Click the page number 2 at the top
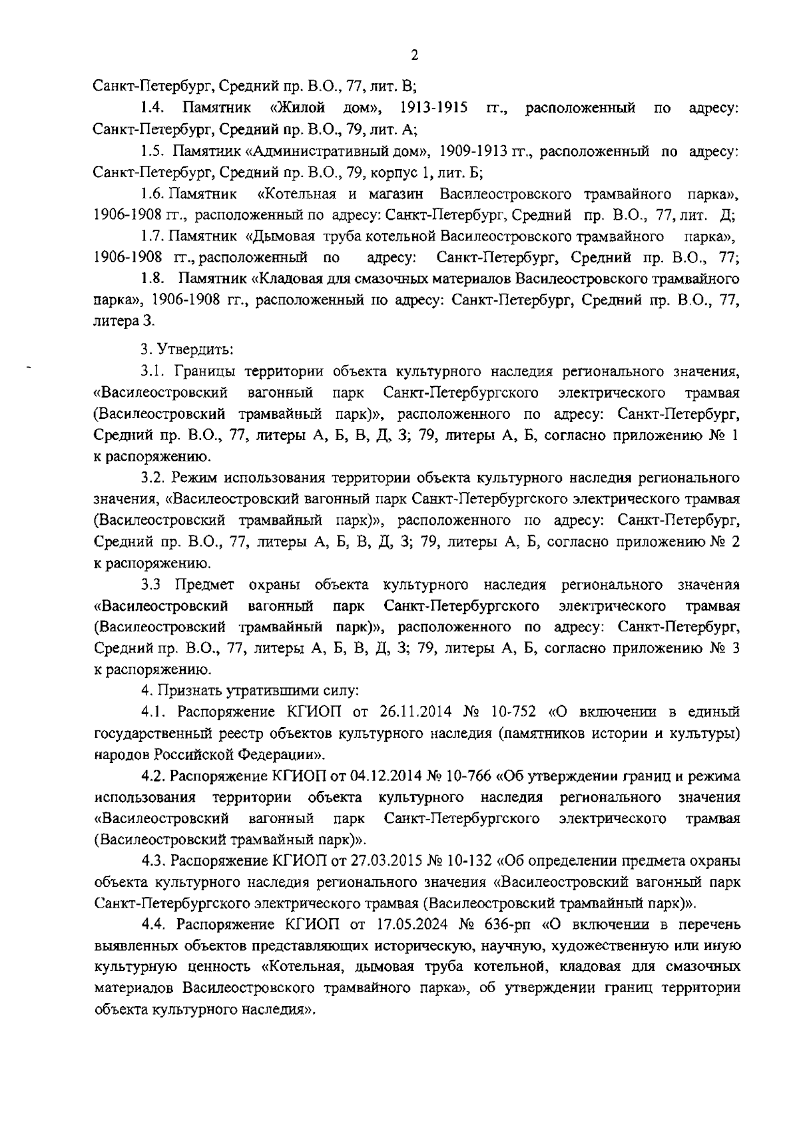414,55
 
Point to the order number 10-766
470,776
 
